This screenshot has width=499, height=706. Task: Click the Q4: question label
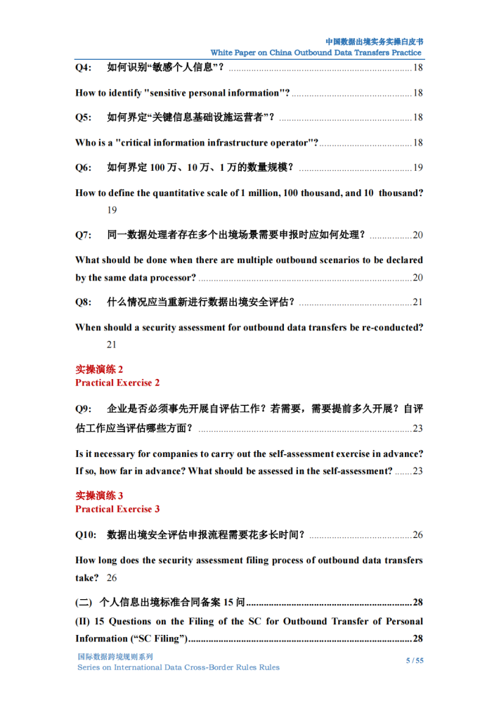click(84, 68)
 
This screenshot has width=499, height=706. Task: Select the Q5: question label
click(84, 117)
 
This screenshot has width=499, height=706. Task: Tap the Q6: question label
click(84, 167)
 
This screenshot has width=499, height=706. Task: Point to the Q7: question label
click(84, 235)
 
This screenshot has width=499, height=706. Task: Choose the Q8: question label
click(84, 302)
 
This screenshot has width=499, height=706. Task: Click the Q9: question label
click(84, 409)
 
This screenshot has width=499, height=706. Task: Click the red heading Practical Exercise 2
click(117, 383)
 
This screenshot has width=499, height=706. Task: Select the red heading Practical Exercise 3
click(117, 508)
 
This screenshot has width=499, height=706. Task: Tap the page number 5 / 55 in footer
click(415, 660)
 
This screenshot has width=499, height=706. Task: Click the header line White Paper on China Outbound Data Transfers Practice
click(316, 53)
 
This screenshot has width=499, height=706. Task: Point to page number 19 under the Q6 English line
click(112, 210)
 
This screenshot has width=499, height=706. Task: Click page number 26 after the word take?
click(112, 578)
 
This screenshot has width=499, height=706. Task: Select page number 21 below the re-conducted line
click(112, 345)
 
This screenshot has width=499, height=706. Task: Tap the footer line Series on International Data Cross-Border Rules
click(178, 667)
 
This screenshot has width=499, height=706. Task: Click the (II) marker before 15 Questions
click(82, 621)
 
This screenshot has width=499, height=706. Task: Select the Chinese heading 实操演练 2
click(99, 369)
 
